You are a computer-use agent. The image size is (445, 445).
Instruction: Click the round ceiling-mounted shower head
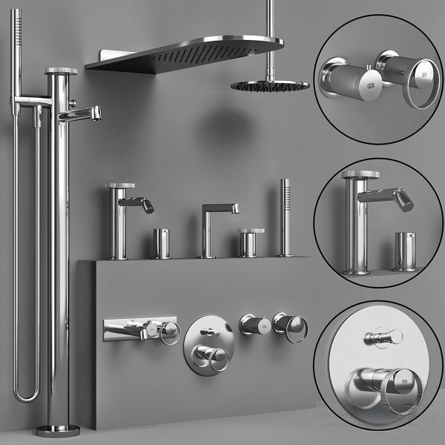coord(269,85)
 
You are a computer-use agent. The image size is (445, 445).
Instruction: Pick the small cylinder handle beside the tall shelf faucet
coord(161,243)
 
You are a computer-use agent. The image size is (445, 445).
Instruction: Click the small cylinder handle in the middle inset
coord(403,251)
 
